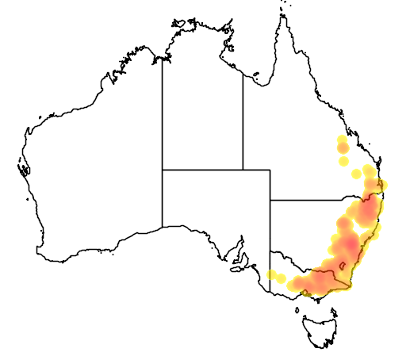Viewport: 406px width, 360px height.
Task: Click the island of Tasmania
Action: coord(324,329)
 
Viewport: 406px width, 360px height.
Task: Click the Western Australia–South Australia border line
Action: coord(163,198)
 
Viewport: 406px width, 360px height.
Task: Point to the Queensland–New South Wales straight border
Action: coord(317,200)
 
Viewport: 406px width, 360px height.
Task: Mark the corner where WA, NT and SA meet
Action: coord(163,170)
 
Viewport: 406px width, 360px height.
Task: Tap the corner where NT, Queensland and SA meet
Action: coord(243,170)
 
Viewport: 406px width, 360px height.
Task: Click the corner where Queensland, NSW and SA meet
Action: coord(270,200)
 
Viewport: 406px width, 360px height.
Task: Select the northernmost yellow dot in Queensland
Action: coord(342,140)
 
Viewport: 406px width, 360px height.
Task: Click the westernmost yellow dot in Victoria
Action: coord(273,276)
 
